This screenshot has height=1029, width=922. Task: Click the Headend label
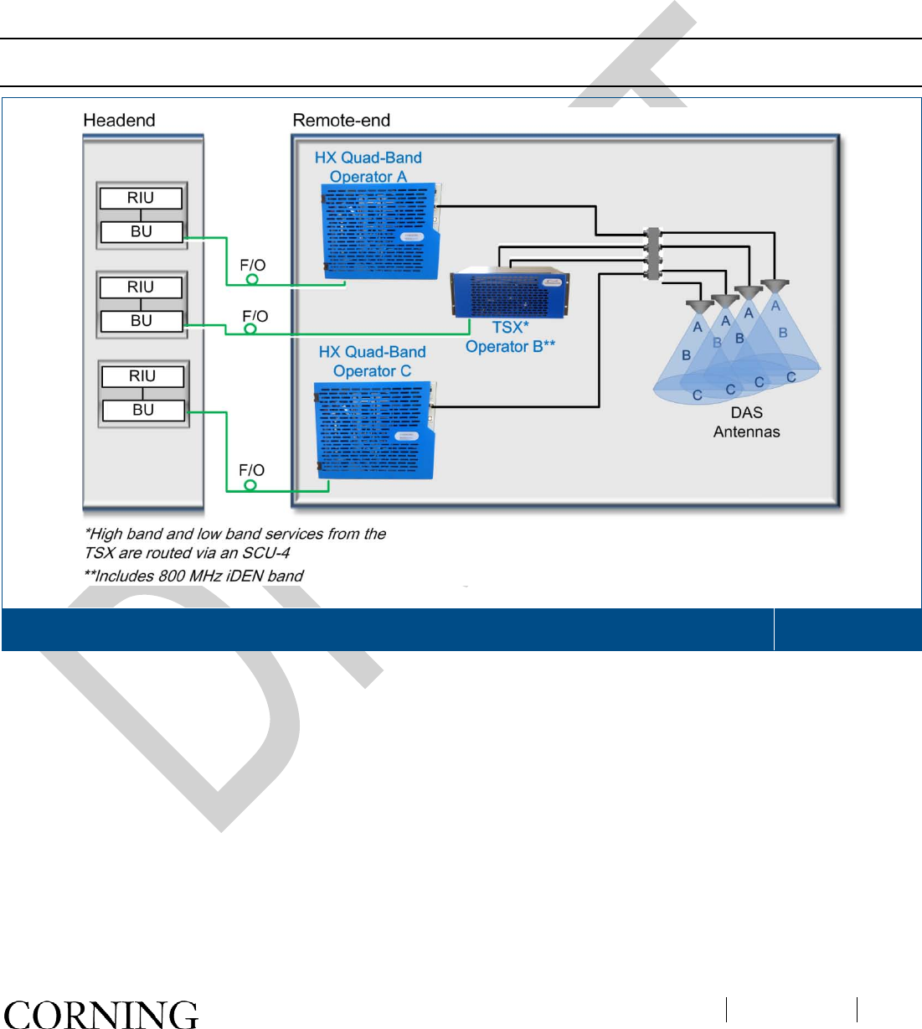click(119, 121)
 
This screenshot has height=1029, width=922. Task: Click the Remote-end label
click(341, 121)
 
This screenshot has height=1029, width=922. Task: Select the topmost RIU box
click(141, 198)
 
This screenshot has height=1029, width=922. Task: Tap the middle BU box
click(142, 321)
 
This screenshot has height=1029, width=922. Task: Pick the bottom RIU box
click(142, 376)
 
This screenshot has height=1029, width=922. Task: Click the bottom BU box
click(143, 410)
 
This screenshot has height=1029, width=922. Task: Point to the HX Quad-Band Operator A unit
click(381, 231)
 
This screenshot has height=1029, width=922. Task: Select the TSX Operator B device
click(510, 293)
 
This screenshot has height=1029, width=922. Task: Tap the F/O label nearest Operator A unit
click(252, 265)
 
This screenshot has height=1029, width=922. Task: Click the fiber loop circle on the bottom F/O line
click(250, 485)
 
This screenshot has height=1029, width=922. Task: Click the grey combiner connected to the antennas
click(653, 254)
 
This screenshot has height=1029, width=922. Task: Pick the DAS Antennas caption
click(746, 422)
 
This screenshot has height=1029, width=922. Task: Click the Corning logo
click(100, 1013)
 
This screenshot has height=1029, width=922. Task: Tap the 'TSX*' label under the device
click(510, 328)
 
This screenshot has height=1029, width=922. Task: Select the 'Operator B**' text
click(510, 346)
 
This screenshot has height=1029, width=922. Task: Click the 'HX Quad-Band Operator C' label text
click(372, 361)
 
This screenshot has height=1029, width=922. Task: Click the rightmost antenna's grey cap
click(775, 285)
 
